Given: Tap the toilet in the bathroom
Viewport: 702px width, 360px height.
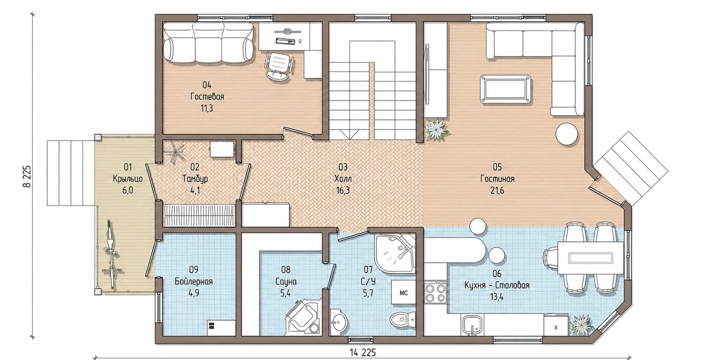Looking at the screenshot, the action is [403, 320].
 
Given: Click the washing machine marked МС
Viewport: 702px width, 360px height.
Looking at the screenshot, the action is [404, 292].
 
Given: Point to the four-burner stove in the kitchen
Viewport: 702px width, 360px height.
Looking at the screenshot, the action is [436, 292].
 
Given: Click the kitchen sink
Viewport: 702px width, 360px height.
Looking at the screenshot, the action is [472, 325].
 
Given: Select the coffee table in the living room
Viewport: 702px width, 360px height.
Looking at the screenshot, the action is [505, 89].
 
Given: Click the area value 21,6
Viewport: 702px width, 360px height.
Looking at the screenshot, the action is [498, 190].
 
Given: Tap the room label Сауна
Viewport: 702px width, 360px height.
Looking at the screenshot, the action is [286, 281].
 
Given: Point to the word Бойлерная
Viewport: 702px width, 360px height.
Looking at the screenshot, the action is [193, 281].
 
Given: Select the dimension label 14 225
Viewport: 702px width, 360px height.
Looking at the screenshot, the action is [362, 353].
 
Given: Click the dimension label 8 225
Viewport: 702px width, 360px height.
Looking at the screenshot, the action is [27, 176].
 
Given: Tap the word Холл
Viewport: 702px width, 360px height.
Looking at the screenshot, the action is [343, 178].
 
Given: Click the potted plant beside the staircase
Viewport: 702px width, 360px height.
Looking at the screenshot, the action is [436, 130].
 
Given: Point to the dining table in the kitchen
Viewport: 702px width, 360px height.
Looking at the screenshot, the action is [591, 258].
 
